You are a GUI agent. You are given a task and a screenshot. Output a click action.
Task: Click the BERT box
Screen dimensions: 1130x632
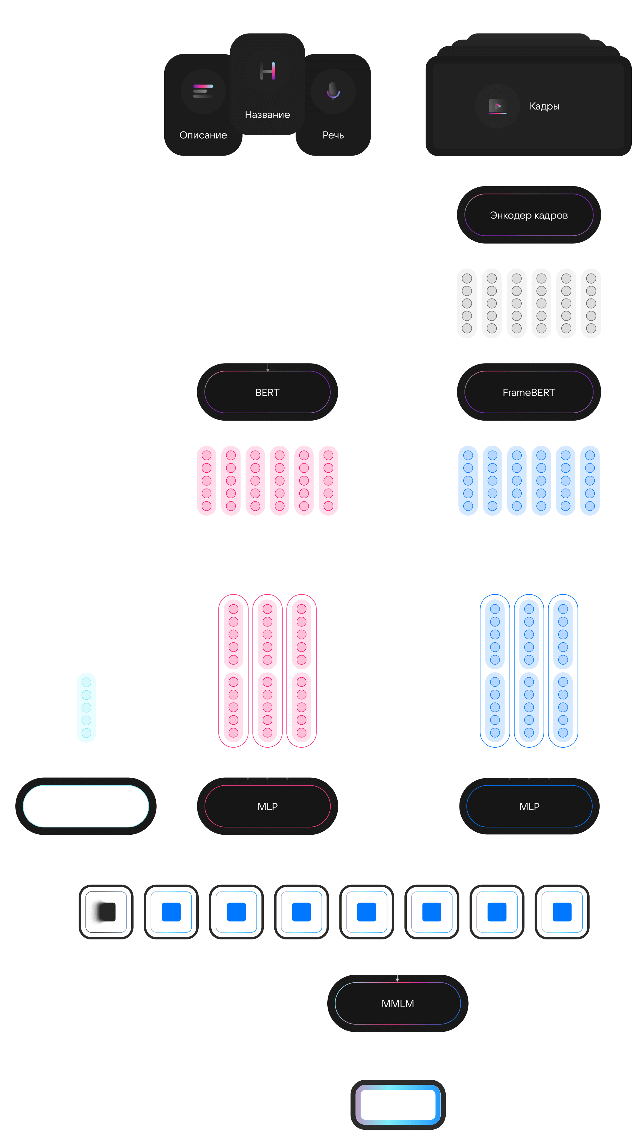[267, 392]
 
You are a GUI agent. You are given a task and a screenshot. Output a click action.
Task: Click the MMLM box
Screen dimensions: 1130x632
[398, 1004]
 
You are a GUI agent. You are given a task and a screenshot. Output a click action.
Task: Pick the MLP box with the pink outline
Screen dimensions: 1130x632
[267, 806]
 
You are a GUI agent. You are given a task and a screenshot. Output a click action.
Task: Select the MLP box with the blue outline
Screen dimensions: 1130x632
[529, 806]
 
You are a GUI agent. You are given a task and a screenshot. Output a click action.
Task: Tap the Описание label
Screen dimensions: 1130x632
[203, 135]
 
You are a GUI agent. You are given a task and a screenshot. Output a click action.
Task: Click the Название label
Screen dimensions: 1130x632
[267, 114]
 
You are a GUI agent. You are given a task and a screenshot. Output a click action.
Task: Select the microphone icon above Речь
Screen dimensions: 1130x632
[333, 91]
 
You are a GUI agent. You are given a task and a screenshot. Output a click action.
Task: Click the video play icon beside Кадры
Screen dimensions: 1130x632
[497, 106]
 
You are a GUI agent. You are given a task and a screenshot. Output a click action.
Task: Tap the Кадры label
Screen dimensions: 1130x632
[544, 106]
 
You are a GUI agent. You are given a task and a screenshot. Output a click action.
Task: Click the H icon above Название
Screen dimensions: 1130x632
[267, 71]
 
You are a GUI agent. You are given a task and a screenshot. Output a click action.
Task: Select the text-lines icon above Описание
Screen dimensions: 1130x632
[203, 91]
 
